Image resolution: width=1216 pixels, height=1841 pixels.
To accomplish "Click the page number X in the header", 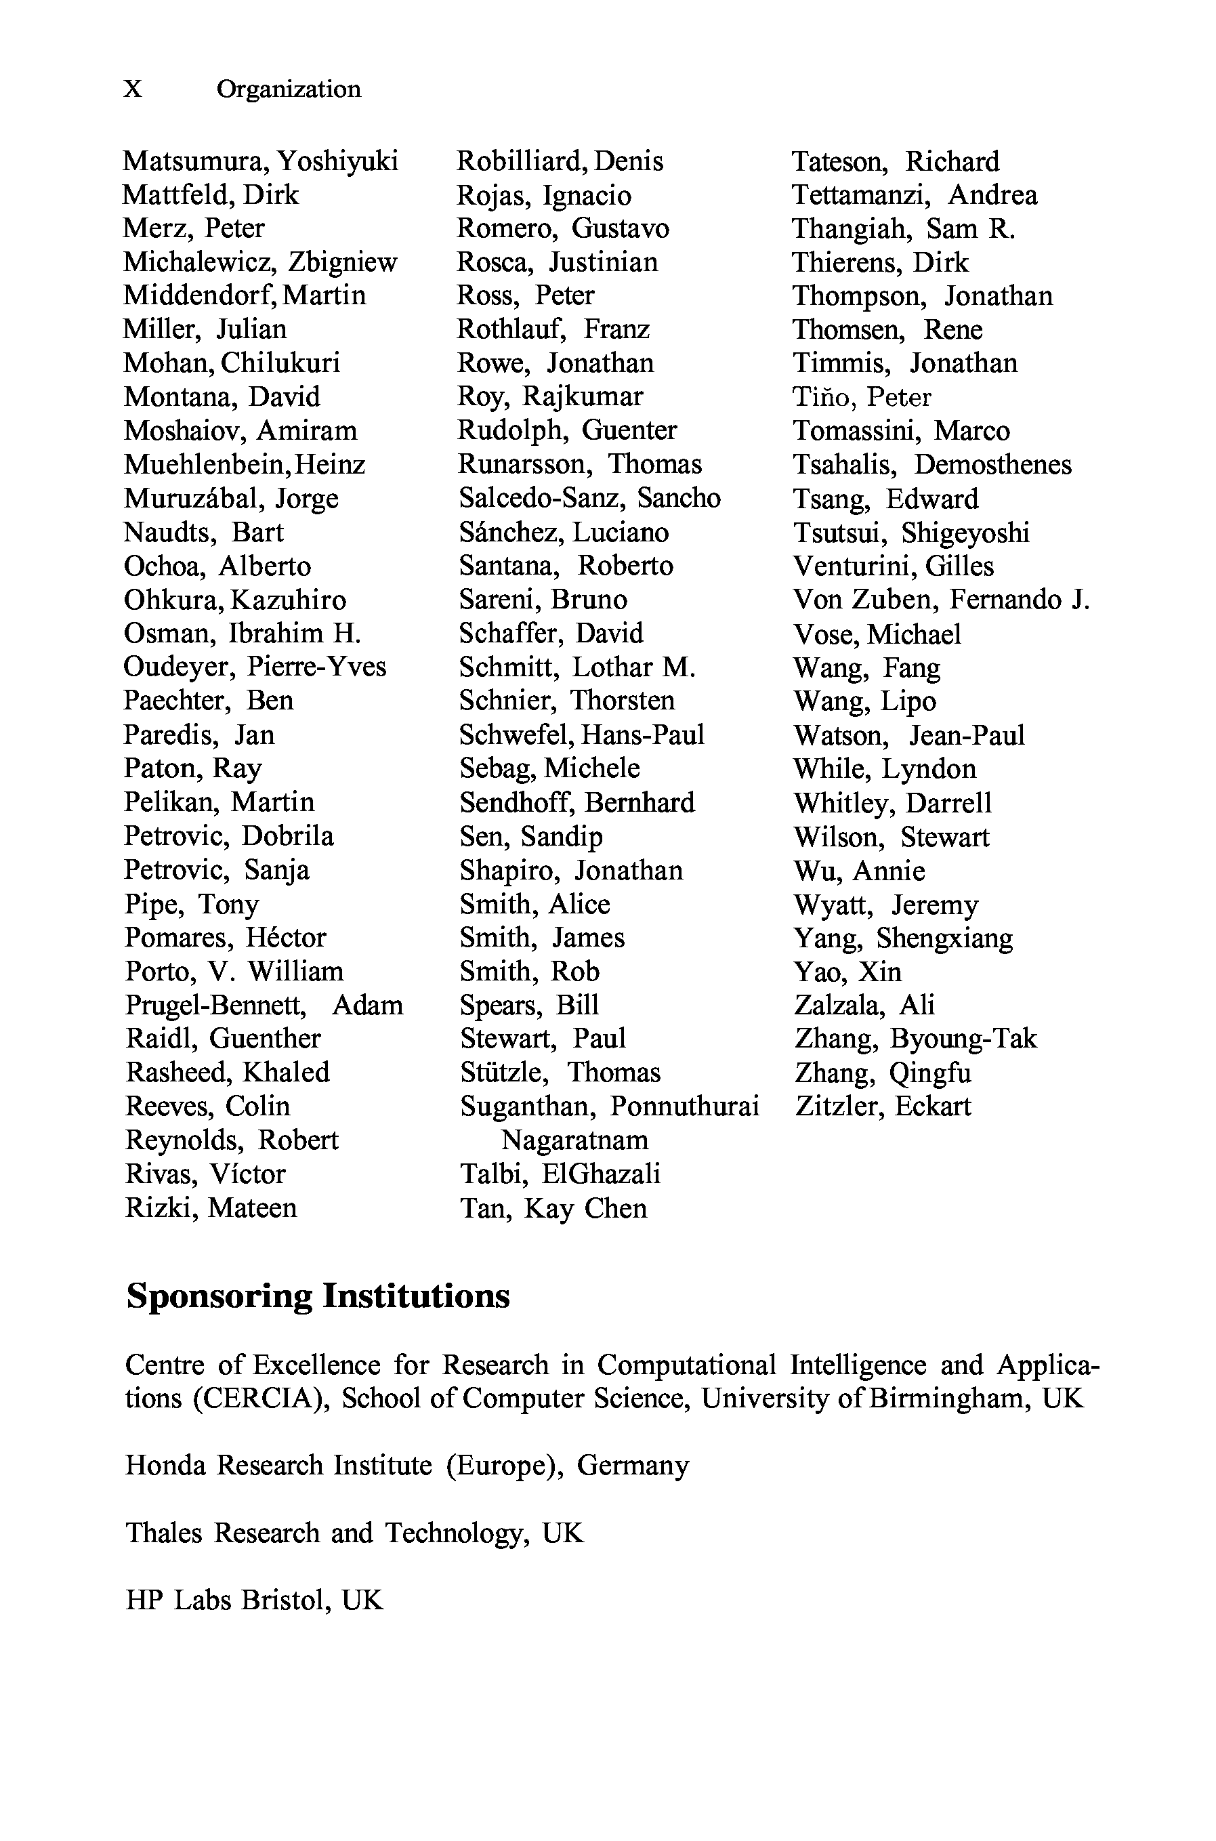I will (x=133, y=89).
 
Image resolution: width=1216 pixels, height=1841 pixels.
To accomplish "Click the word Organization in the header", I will (x=289, y=89).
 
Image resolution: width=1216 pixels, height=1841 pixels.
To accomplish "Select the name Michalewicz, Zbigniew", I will (x=259, y=262).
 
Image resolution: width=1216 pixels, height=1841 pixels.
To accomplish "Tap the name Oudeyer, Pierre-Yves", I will (x=254, y=667).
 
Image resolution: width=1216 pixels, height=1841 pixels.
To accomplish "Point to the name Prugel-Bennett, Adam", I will (x=264, y=1005).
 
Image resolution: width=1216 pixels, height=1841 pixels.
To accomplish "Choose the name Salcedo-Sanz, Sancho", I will (x=589, y=498).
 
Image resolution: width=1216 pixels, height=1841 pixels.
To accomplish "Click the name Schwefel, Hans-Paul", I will (x=582, y=735).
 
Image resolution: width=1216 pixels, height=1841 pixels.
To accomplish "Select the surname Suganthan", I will (x=527, y=1106).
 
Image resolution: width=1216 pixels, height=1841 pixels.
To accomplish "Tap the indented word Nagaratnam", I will (x=574, y=1140).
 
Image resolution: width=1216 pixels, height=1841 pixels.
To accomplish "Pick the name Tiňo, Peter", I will (x=861, y=397).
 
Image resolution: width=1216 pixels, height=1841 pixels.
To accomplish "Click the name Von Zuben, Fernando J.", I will (x=941, y=600).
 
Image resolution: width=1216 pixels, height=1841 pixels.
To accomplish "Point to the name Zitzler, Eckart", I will (x=883, y=1106).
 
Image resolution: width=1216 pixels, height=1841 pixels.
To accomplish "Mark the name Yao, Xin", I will (x=847, y=972).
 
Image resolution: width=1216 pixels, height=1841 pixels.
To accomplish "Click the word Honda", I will (x=165, y=1465).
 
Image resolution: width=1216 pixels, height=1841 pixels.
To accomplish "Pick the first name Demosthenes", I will (x=992, y=465).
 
